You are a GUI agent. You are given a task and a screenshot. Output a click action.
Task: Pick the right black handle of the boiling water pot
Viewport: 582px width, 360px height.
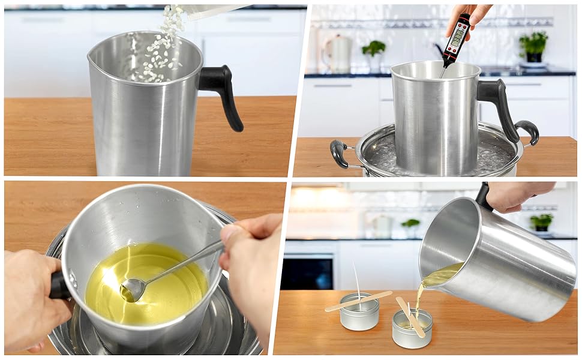[528, 131]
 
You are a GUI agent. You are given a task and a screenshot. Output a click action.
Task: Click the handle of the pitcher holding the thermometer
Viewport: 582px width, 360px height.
[498, 102]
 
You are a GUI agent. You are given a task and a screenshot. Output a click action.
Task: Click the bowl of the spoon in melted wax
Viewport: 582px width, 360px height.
[133, 290]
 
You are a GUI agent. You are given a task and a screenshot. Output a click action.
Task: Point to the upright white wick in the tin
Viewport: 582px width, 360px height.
[358, 282]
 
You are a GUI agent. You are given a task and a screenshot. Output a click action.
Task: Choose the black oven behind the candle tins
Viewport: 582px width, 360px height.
[308, 273]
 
